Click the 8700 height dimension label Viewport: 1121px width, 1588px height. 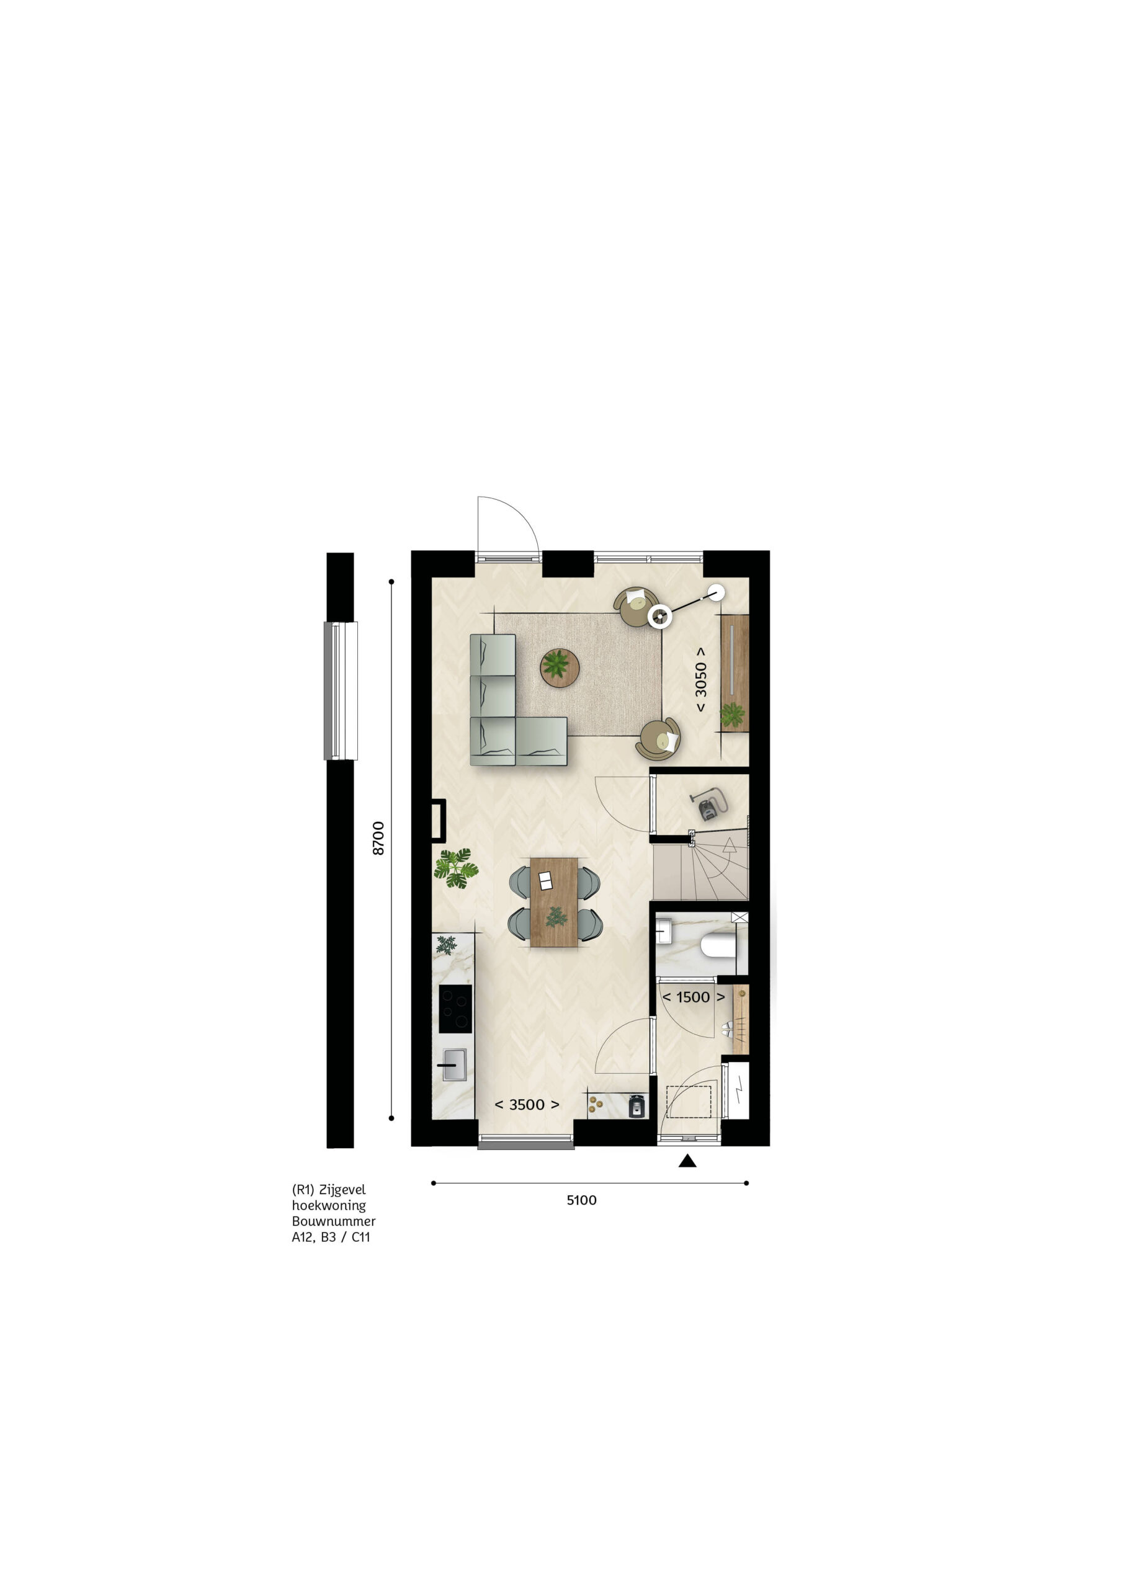(378, 837)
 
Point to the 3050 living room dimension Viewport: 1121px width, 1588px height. (700, 679)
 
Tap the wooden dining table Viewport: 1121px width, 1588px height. (554, 902)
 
